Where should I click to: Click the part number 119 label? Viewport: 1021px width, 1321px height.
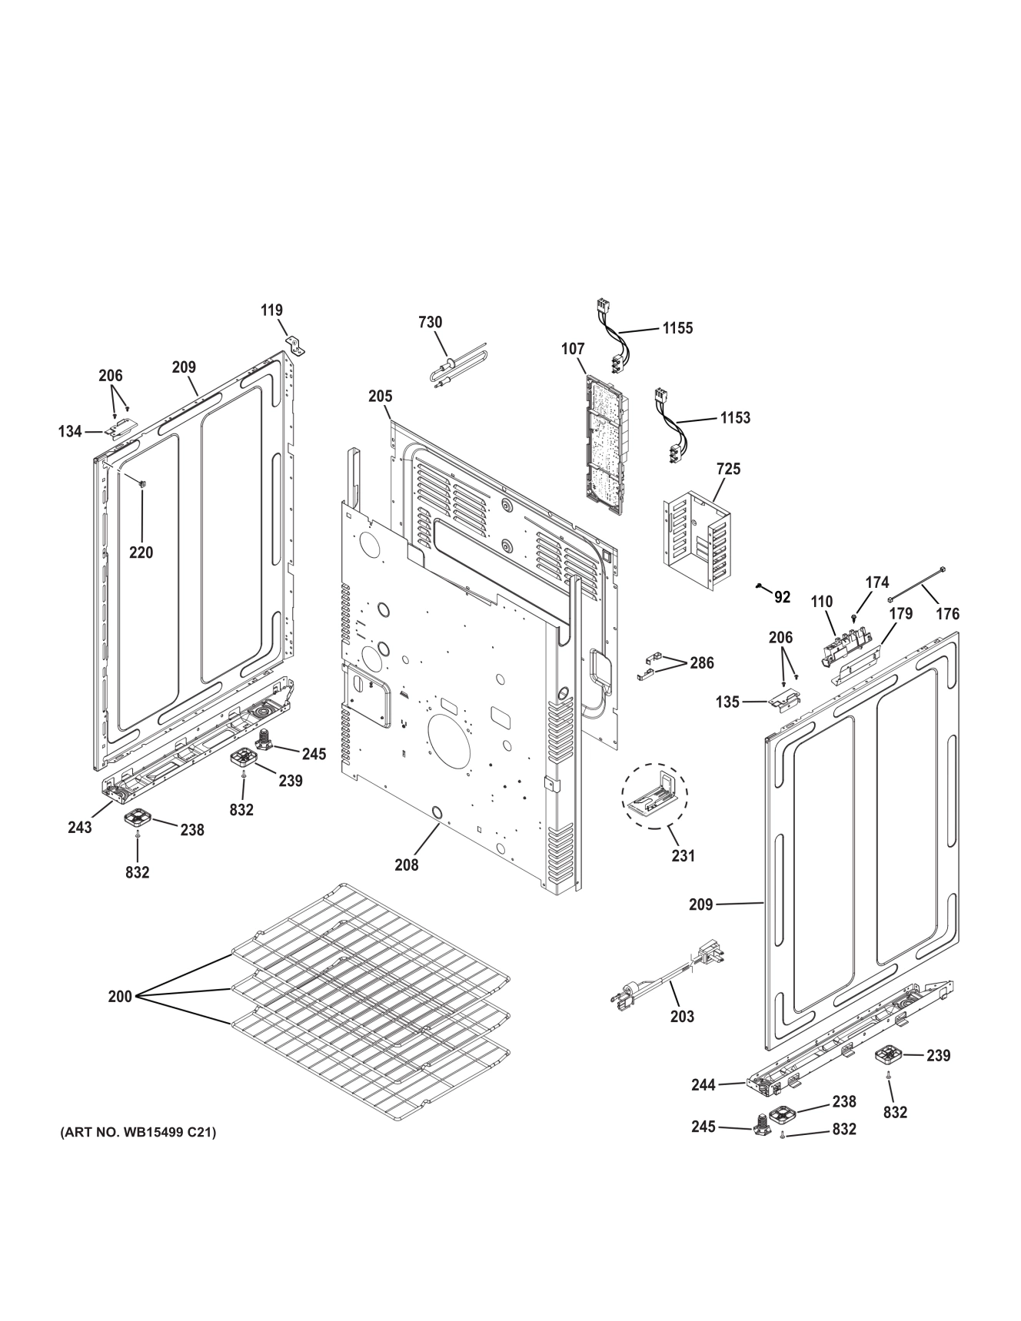[x=271, y=310]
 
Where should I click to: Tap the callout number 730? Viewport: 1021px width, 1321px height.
[x=431, y=322]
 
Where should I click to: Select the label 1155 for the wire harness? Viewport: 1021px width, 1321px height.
[x=677, y=328]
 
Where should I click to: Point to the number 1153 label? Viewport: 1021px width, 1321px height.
[x=735, y=418]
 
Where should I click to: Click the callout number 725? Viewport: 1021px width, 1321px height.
[x=728, y=468]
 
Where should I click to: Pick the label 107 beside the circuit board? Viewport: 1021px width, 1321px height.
[x=573, y=349]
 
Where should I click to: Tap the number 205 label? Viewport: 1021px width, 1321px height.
[x=380, y=397]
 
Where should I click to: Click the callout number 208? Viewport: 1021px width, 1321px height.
[x=407, y=865]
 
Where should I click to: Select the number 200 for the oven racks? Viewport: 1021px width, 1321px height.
[x=120, y=997]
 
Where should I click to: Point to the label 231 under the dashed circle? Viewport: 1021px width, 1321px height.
[x=683, y=855]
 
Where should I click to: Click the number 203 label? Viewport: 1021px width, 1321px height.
[x=682, y=1017]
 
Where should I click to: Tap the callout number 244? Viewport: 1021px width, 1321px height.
[x=703, y=1085]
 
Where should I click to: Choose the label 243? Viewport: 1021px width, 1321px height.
[x=79, y=827]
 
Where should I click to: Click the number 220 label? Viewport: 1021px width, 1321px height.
[x=141, y=552]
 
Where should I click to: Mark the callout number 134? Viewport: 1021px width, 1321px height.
[x=70, y=432]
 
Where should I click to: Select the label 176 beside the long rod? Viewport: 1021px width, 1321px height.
[x=947, y=613]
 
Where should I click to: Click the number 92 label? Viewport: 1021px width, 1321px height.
[x=782, y=597]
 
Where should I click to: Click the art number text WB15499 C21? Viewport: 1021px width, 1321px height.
[x=138, y=1133]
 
